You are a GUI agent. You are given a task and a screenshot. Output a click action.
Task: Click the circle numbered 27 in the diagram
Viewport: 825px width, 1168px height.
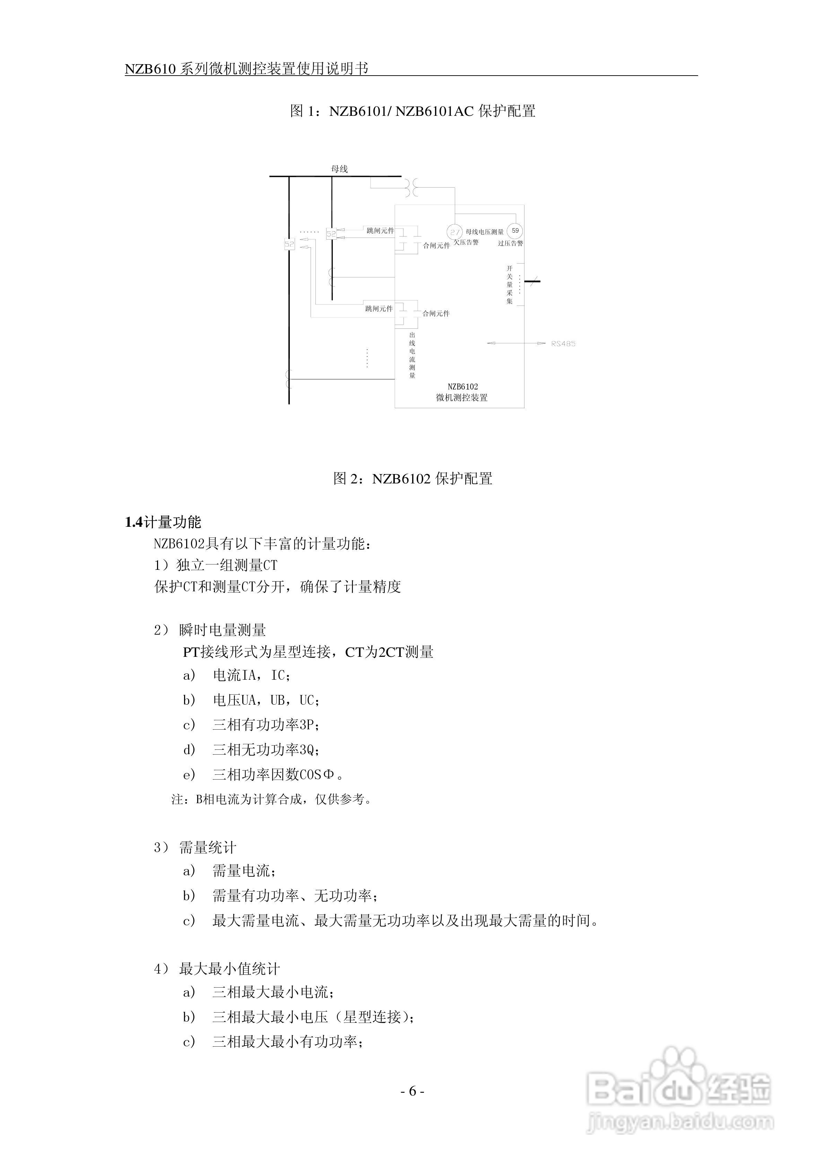point(454,232)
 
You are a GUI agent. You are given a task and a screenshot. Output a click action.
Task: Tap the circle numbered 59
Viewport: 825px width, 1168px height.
point(515,231)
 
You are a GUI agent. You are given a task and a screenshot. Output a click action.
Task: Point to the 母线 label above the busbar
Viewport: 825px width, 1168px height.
point(339,169)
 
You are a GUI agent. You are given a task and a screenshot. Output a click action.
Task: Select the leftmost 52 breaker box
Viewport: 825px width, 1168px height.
point(289,244)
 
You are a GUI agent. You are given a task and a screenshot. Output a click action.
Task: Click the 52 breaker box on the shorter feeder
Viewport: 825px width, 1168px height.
point(331,233)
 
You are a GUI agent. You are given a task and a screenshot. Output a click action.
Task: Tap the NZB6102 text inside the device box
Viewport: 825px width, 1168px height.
point(462,387)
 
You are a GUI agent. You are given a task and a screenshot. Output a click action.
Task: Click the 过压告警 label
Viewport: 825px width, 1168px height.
point(510,244)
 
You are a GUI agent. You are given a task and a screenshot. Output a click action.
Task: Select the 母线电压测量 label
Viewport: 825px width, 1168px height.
point(484,232)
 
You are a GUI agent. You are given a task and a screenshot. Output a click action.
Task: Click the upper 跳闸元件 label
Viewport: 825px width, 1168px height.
point(380,231)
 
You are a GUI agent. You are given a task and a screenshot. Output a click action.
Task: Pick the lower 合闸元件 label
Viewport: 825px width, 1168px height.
point(436,314)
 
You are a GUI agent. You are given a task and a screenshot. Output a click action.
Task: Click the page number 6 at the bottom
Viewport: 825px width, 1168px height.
point(412,1091)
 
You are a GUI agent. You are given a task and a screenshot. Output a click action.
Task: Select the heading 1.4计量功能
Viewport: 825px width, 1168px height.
point(163,522)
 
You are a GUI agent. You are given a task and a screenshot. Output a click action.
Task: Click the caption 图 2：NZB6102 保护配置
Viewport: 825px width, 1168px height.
point(412,478)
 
